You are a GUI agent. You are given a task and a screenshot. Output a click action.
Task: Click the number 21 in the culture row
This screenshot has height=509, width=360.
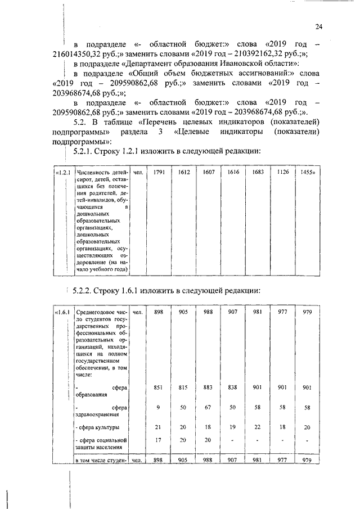[159, 427]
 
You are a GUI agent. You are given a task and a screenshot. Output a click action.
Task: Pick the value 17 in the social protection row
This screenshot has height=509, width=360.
[159, 440]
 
